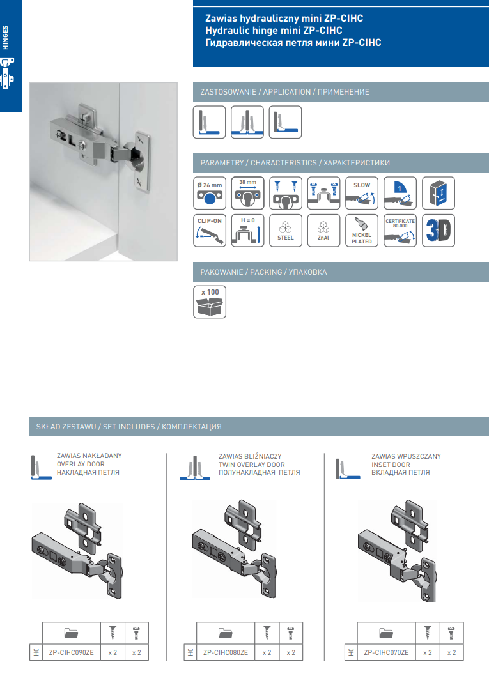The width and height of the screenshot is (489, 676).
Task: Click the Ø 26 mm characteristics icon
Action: [x=210, y=193]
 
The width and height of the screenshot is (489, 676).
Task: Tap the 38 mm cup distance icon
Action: [x=247, y=193]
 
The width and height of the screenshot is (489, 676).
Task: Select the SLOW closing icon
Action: [x=362, y=193]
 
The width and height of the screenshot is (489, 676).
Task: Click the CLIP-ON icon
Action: [x=210, y=231]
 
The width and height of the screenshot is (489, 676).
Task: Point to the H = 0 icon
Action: [x=247, y=231]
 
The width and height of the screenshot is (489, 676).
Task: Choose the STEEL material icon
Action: [x=286, y=231]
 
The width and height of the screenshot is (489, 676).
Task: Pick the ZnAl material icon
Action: [x=324, y=231]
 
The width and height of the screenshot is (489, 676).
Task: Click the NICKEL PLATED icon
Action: [x=362, y=231]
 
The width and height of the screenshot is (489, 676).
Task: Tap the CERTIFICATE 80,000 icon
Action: [x=400, y=231]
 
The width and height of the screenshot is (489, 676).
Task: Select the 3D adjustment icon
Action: [x=438, y=231]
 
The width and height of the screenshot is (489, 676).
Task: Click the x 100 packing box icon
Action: [x=210, y=302]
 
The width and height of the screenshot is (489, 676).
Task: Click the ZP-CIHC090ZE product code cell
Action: [x=71, y=653]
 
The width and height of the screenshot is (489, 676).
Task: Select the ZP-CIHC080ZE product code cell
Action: [x=226, y=653]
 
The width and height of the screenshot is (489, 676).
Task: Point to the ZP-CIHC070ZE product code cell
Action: [x=386, y=653]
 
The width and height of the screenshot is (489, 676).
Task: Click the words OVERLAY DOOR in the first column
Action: [x=81, y=464]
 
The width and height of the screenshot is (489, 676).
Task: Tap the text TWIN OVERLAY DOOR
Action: [x=252, y=465]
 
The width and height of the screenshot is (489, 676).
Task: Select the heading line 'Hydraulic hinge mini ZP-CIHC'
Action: [x=274, y=31]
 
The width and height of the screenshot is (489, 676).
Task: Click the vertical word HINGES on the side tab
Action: [x=6, y=38]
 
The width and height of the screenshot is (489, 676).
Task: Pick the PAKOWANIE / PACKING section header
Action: [x=263, y=272]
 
